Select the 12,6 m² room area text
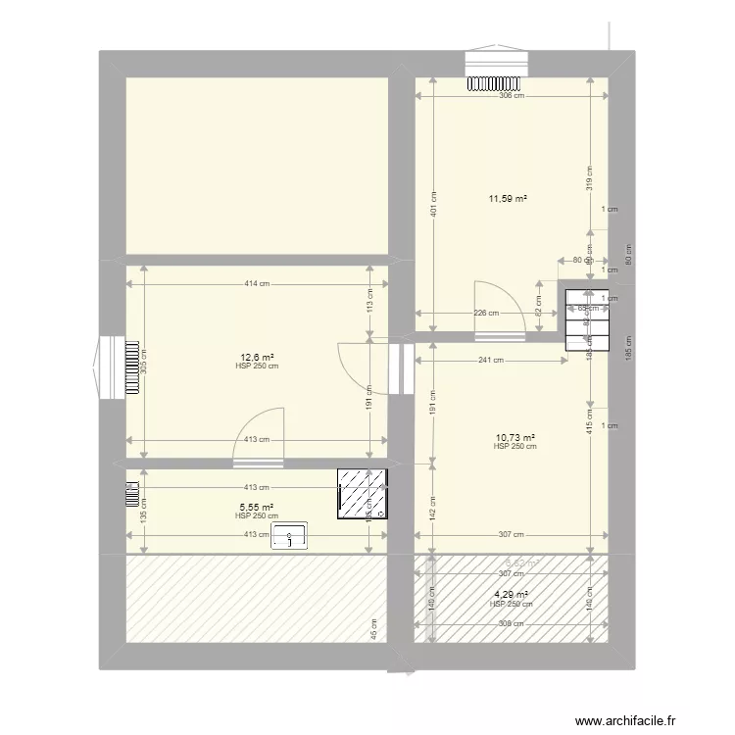pyautogui.click(x=258, y=358)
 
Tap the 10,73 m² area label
pyautogui.click(x=514, y=438)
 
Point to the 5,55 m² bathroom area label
pyautogui.click(x=258, y=508)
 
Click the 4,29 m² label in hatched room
pyautogui.click(x=511, y=595)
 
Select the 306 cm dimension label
pyautogui.click(x=511, y=96)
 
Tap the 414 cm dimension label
pyautogui.click(x=258, y=284)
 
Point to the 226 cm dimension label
pyautogui.click(x=486, y=314)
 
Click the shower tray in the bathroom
pyautogui.click(x=362, y=494)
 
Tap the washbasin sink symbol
pyautogui.click(x=290, y=535)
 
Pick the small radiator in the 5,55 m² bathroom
pyautogui.click(x=130, y=491)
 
